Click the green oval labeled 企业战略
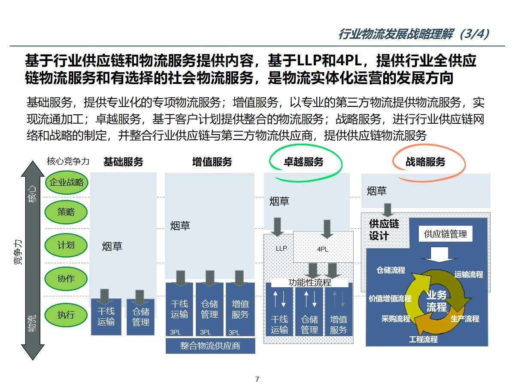tap(66, 182)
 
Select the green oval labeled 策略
tap(66, 212)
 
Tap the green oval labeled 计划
tap(66, 245)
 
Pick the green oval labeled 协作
tap(66, 279)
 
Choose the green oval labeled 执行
tap(66, 315)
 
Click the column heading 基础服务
tap(123, 162)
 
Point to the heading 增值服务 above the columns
tap(212, 162)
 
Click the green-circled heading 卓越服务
tap(303, 162)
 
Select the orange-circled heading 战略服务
tap(425, 162)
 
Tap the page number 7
tap(257, 379)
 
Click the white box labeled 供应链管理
tap(445, 234)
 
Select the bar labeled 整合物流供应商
tap(210, 346)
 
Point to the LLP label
tap(281, 249)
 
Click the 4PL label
tap(323, 249)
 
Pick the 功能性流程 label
tap(310, 283)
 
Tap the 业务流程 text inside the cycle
tap(436, 301)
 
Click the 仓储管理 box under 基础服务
tap(140, 317)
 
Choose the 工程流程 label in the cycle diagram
tap(423, 339)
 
